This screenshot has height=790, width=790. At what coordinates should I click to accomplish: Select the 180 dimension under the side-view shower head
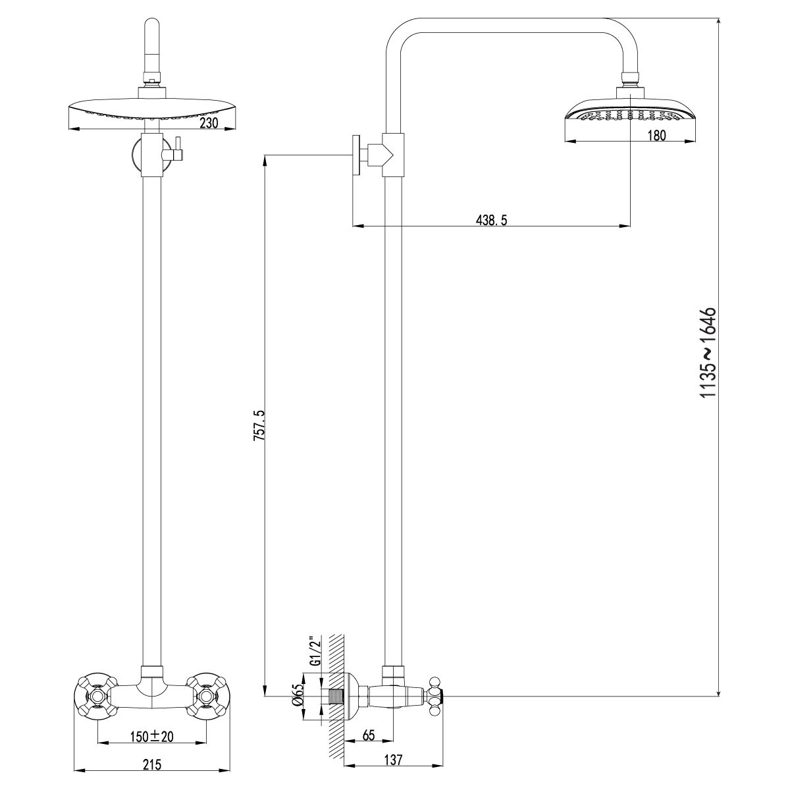(x=656, y=136)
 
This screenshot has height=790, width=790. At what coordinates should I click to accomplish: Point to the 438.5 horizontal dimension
(x=491, y=221)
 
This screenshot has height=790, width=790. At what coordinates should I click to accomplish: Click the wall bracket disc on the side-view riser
(x=357, y=155)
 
